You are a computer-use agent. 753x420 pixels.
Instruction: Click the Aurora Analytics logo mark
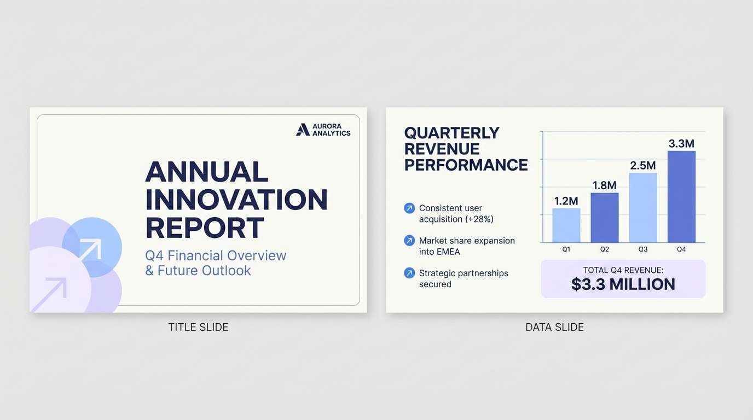click(x=303, y=130)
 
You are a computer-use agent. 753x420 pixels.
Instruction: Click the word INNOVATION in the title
click(x=236, y=200)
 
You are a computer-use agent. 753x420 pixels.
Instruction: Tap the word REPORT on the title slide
click(x=205, y=227)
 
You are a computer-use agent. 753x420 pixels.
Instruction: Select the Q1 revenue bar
click(x=566, y=225)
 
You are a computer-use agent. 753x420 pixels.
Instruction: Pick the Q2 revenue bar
click(x=604, y=218)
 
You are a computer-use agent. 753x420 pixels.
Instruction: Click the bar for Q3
click(x=643, y=208)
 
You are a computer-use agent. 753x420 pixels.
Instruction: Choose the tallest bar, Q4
click(x=681, y=196)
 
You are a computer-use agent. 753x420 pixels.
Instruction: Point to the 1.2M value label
click(x=566, y=201)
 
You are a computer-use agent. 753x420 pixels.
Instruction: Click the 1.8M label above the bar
click(x=604, y=185)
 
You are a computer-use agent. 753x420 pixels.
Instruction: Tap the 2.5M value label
click(x=643, y=165)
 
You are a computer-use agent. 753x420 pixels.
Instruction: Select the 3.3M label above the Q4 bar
click(x=681, y=143)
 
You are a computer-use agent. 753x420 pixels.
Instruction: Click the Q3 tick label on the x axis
click(x=643, y=249)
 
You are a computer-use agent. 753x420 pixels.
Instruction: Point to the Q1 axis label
click(x=566, y=249)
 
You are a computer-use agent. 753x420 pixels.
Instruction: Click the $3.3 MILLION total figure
click(x=623, y=284)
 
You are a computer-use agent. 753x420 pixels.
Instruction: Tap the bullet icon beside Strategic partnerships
click(x=409, y=273)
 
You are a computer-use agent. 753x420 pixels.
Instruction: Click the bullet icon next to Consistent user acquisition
click(x=409, y=208)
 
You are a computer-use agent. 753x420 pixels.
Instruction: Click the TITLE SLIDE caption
click(x=198, y=327)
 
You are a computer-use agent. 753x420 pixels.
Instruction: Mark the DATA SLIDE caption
click(x=555, y=327)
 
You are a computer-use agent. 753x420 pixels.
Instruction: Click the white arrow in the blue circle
click(x=90, y=249)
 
